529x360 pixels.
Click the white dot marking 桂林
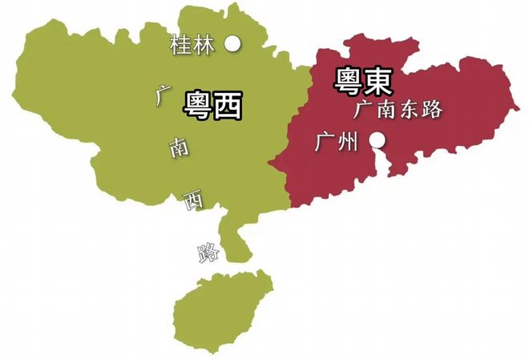(233, 44)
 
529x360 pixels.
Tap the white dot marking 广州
(377, 142)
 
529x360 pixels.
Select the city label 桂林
(193, 46)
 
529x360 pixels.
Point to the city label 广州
(336, 144)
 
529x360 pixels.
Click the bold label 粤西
(213, 104)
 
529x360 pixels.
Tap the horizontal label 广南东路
(398, 110)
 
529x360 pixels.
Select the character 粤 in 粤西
(198, 104)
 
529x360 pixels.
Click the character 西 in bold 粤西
(228, 104)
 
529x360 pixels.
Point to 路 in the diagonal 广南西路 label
(207, 253)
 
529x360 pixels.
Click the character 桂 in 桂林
(181, 46)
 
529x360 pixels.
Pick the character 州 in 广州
(347, 144)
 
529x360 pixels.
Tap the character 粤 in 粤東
(347, 79)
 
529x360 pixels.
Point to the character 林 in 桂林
(204, 46)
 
